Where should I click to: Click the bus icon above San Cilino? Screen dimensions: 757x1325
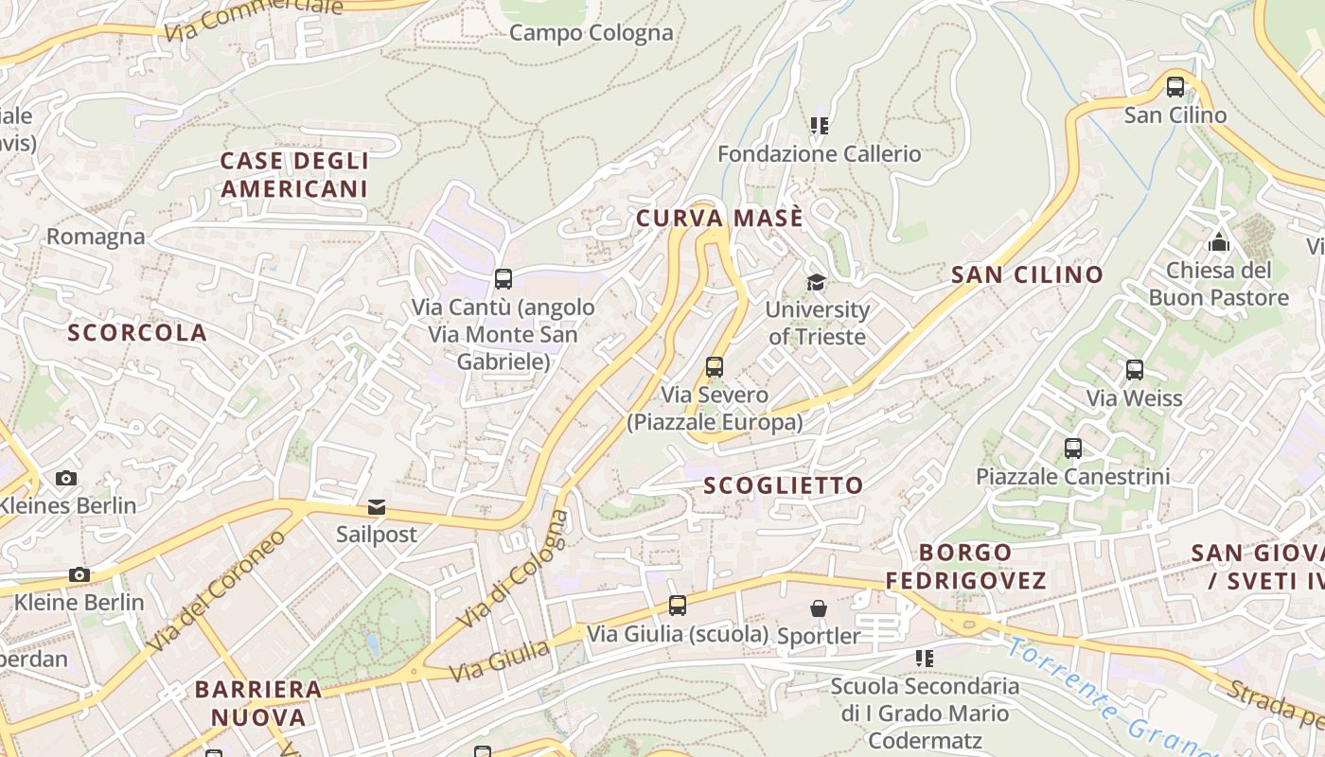1175,87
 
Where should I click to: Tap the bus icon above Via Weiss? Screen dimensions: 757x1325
1134,370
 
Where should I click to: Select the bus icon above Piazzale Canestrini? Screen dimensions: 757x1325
1072,448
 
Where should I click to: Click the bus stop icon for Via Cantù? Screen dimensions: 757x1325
503,279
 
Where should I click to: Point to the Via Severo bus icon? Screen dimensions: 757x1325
715,366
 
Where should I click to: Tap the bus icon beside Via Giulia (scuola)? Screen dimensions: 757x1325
678,606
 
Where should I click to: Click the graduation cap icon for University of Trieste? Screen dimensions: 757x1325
816,282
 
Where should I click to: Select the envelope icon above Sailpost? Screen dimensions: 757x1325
377,507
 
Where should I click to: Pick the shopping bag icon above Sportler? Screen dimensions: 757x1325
819,608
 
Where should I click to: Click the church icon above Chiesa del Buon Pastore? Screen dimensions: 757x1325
1219,242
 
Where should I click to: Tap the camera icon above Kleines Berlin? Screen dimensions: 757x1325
65,478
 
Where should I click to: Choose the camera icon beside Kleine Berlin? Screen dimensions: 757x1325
79,574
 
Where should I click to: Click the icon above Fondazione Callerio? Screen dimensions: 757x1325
819,125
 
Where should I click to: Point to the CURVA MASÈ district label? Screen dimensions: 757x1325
719,219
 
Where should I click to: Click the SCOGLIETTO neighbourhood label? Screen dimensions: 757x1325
784,485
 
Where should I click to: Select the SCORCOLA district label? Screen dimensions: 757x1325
137,332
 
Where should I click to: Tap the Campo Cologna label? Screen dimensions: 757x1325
592,33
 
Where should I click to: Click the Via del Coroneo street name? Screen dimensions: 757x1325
217,590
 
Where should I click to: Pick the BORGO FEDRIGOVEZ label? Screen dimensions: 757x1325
965,566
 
